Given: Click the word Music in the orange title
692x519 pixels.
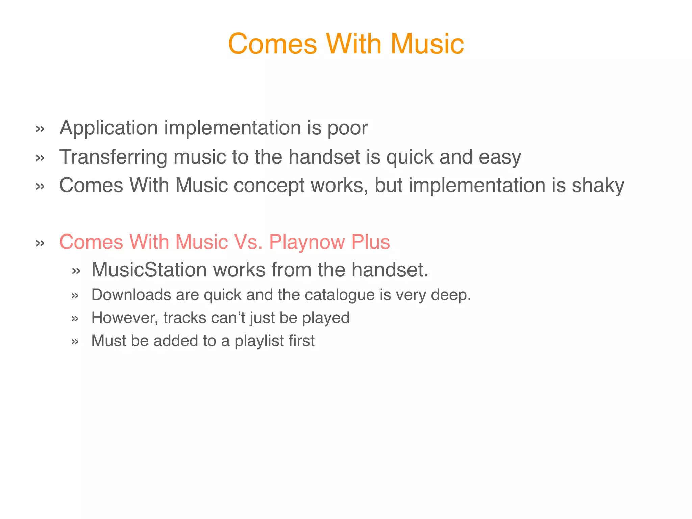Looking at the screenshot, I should (x=427, y=44).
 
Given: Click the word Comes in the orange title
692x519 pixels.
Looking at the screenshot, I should (x=272, y=44).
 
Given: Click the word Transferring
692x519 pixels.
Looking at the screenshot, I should (x=113, y=157).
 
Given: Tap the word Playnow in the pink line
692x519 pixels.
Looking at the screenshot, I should (x=307, y=242).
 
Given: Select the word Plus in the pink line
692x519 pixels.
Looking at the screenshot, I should (x=371, y=242).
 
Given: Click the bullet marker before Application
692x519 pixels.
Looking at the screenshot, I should (x=40, y=129).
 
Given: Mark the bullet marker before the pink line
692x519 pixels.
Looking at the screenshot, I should (x=40, y=243).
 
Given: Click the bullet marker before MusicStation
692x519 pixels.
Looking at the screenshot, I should (x=76, y=271).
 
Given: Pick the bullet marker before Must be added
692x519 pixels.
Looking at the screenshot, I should (x=75, y=342).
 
